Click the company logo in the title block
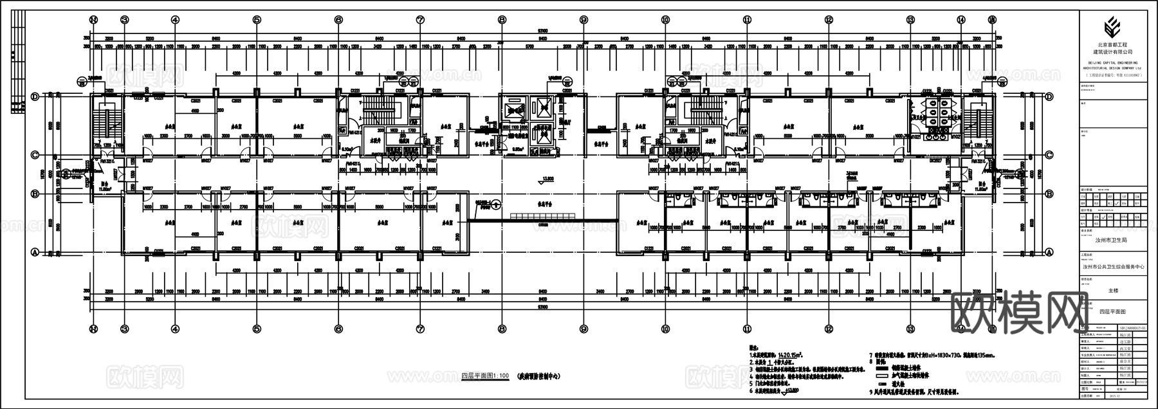click(1112, 28)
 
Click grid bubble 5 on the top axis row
click(257, 20)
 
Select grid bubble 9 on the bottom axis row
click(583, 329)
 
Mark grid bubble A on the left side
click(36, 252)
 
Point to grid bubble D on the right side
click(1049, 96)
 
